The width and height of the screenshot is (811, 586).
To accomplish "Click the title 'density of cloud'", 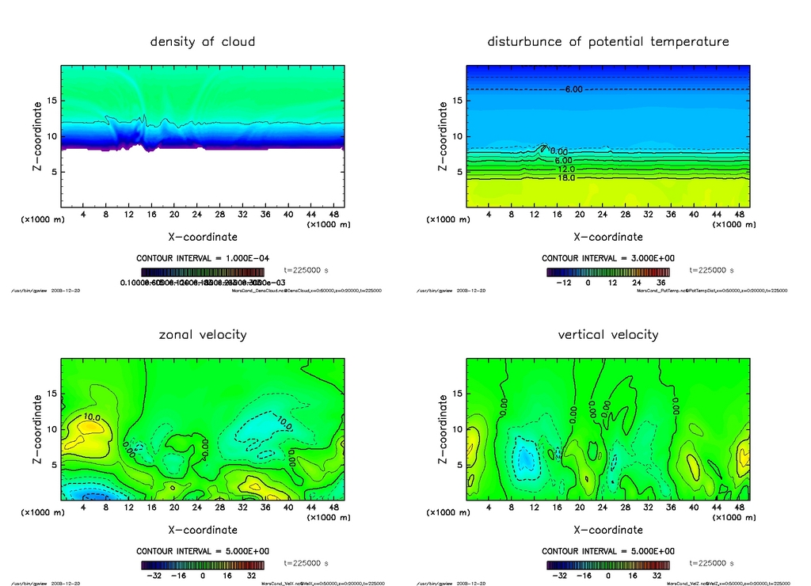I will click(203, 42).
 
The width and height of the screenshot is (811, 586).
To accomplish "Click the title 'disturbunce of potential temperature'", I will click(608, 42).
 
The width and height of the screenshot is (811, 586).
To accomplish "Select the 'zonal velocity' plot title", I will click(203, 335).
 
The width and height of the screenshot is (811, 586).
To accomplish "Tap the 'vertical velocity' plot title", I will click(608, 335).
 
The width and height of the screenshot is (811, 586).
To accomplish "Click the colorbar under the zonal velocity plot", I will click(203, 565).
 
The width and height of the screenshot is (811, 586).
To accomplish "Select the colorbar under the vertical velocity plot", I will click(608, 565).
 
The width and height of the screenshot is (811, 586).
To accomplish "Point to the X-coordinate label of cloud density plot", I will click(203, 237).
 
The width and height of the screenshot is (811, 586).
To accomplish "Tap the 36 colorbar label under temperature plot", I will click(659, 282).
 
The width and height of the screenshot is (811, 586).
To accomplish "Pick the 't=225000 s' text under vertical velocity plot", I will click(711, 563).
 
